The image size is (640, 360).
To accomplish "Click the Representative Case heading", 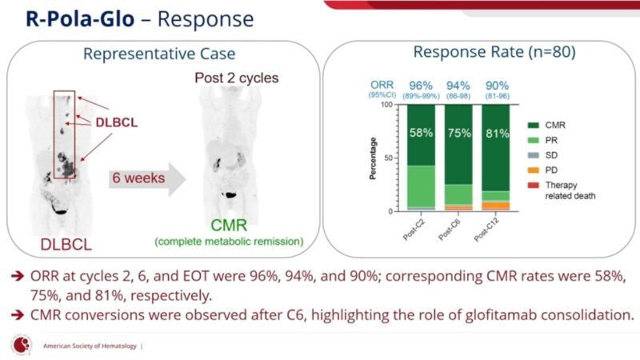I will (159, 54).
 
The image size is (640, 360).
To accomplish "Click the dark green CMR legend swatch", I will (533, 124).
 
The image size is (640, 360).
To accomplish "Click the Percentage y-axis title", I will (374, 158).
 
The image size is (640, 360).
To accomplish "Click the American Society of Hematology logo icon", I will (18, 345).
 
